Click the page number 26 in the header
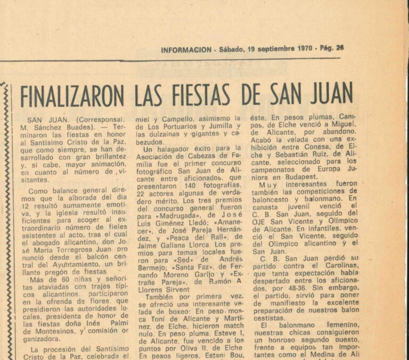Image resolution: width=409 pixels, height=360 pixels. (x=340, y=48)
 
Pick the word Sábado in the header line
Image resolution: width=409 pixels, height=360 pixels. (x=232, y=49)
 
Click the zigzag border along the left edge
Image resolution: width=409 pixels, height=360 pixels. (x=6, y=224)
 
